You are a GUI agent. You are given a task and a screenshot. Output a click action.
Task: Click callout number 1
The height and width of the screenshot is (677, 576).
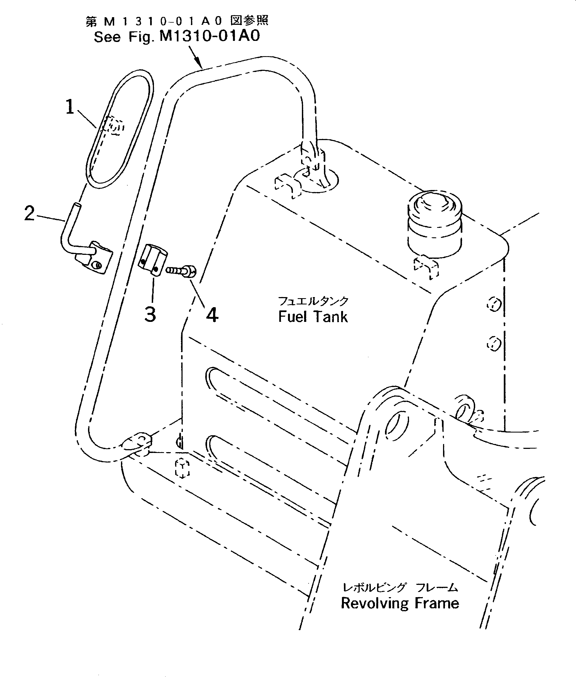tap(69, 107)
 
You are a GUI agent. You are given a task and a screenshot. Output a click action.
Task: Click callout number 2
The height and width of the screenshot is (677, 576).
tap(29, 214)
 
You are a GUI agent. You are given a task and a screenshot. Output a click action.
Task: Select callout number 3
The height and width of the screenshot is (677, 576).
tap(150, 315)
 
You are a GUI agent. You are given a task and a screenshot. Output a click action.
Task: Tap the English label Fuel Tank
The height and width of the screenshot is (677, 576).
tap(313, 317)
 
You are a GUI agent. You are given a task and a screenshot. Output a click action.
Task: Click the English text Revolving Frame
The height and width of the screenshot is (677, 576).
tap(400, 603)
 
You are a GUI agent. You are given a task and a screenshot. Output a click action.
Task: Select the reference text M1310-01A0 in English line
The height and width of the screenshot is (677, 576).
tap(209, 36)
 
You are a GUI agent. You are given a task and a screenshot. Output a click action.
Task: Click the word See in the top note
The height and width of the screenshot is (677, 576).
tap(107, 37)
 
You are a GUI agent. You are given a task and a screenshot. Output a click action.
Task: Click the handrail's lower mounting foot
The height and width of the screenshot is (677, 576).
tap(137, 443)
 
